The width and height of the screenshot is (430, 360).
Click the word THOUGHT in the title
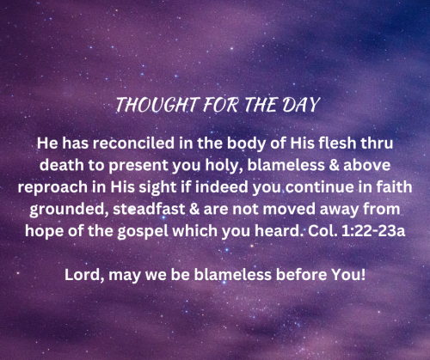(x=157, y=105)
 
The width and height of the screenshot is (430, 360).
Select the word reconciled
(x=133, y=143)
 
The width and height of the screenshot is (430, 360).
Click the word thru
(x=377, y=143)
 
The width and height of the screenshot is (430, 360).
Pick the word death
(x=61, y=165)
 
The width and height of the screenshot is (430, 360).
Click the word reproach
(x=52, y=188)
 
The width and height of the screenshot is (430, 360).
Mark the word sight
(x=157, y=188)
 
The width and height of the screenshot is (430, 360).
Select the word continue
(x=320, y=187)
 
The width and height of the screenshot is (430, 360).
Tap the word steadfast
(x=149, y=209)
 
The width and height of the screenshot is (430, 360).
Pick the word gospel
(x=143, y=232)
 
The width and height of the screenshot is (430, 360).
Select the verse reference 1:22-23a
(x=373, y=231)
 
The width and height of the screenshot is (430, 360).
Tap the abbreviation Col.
(x=322, y=231)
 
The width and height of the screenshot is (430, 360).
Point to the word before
(x=301, y=275)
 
